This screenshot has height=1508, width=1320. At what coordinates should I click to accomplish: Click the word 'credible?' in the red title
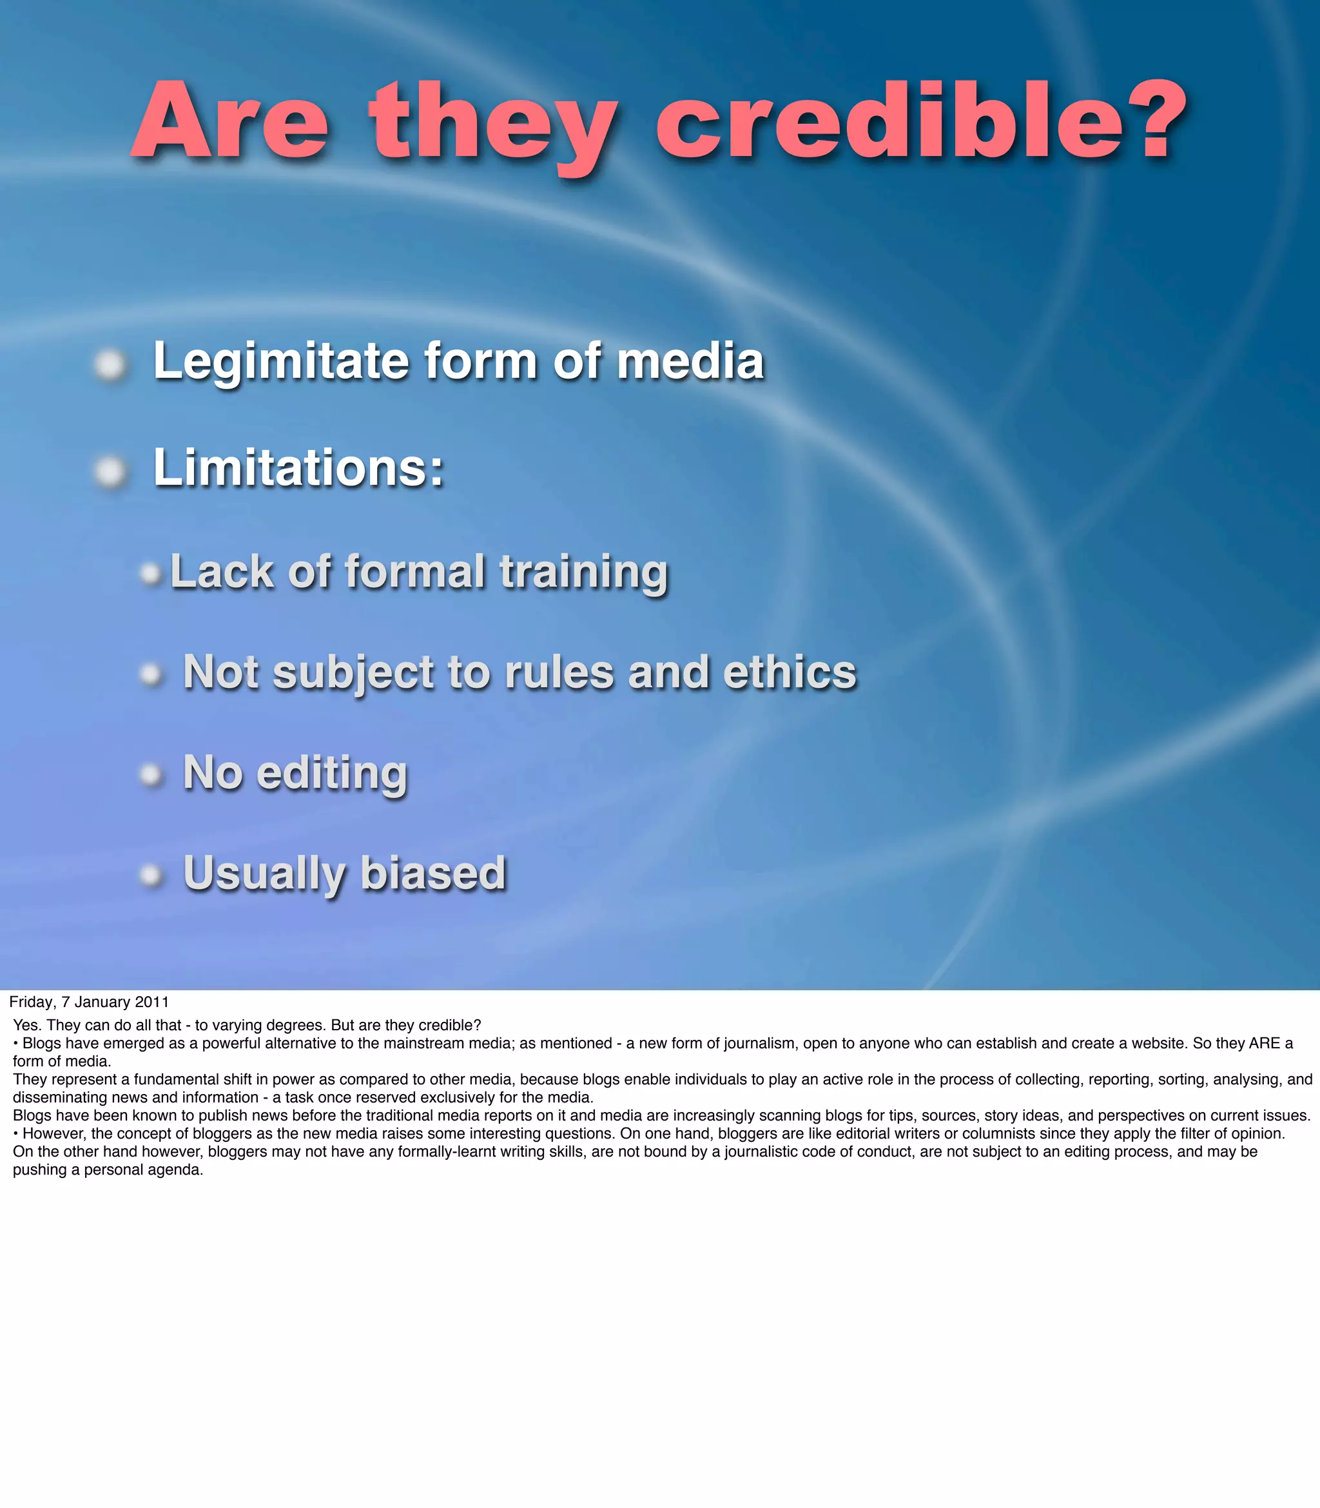tap(921, 122)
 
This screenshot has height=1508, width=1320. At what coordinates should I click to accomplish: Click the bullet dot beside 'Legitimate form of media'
tap(110, 365)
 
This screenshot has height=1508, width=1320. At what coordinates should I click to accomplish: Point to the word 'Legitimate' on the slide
tap(280, 362)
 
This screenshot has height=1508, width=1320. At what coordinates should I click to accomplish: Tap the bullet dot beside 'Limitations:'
tap(110, 471)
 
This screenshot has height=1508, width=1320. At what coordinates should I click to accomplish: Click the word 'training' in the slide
tap(583, 573)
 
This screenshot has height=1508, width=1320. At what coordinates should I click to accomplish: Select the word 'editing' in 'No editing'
tap(331, 774)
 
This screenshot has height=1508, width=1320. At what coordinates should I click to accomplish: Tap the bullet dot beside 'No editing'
tap(150, 774)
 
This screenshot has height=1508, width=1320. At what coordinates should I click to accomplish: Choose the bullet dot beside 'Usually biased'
tap(150, 874)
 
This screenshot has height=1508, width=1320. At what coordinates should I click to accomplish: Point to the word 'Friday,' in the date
tap(32, 1002)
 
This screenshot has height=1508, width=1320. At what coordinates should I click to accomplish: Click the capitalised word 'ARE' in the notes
tap(1264, 1043)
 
